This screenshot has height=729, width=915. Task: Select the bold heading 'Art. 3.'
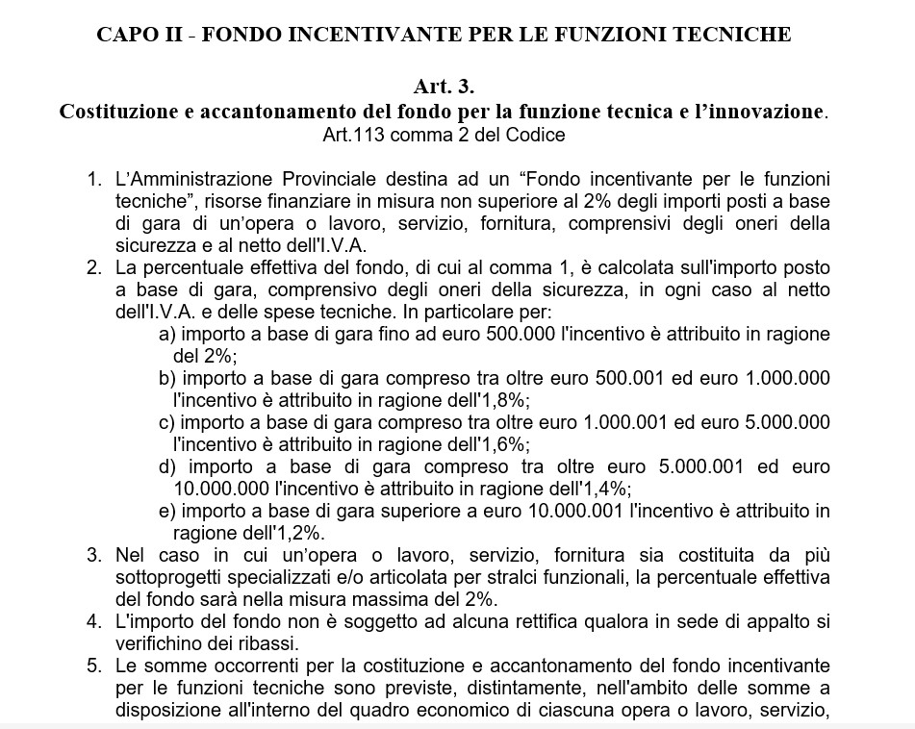coord(445,87)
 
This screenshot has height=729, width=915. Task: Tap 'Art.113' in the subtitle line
coord(351,135)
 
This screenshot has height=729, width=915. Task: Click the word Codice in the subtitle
coord(539,135)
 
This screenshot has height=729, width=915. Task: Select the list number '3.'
coord(93,555)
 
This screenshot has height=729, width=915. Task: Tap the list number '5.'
coord(93,666)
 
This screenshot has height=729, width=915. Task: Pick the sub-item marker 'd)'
coord(167,466)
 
